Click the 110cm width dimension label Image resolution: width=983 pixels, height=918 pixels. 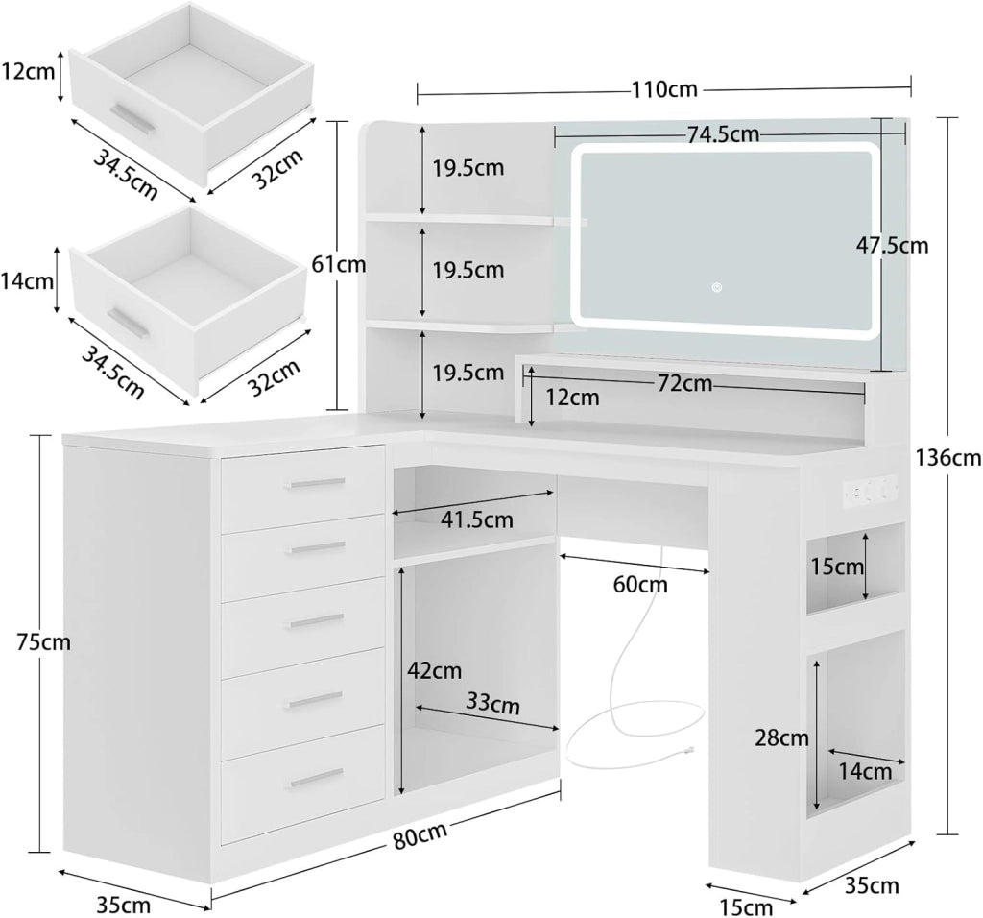(664, 89)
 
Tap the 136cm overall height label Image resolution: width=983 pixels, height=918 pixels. (947, 458)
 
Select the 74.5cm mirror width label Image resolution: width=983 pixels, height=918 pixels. (723, 134)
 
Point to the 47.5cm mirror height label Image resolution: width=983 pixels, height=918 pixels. (892, 245)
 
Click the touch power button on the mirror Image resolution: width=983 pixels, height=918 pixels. (716, 288)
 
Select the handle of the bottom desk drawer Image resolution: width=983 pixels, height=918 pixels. (315, 778)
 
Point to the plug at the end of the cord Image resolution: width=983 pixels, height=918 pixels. (689, 749)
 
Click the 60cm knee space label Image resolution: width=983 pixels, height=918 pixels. (640, 585)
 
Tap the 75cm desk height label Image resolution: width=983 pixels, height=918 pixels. (42, 642)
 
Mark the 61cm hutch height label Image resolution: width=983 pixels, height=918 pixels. (339, 265)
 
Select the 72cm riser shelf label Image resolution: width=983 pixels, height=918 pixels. (684, 383)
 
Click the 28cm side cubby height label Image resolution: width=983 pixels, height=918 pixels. (781, 738)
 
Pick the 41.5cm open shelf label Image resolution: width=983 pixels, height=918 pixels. (476, 519)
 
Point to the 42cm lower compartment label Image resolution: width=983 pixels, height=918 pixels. (435, 671)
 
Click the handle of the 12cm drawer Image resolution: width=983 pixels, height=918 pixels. (132, 118)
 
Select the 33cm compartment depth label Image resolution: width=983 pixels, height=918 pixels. (492, 703)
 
